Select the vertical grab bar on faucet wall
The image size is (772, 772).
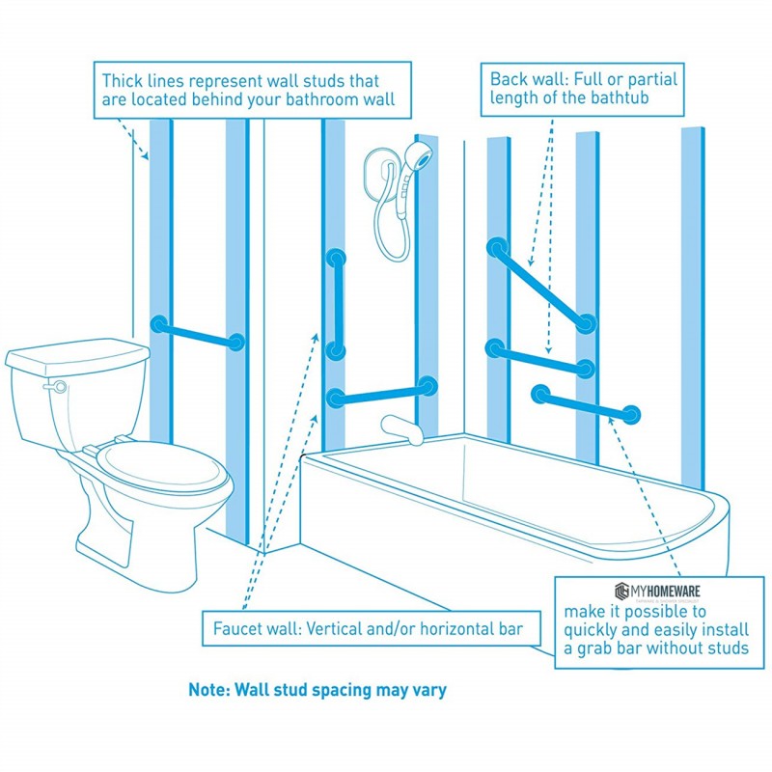tap(336, 304)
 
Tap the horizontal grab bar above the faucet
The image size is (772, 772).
tap(381, 392)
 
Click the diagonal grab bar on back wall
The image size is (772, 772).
tap(540, 287)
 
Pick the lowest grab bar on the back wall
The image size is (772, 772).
tap(585, 404)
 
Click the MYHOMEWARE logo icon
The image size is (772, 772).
tap(620, 591)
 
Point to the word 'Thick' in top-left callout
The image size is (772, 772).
tap(124, 81)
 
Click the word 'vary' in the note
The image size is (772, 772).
tap(427, 691)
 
